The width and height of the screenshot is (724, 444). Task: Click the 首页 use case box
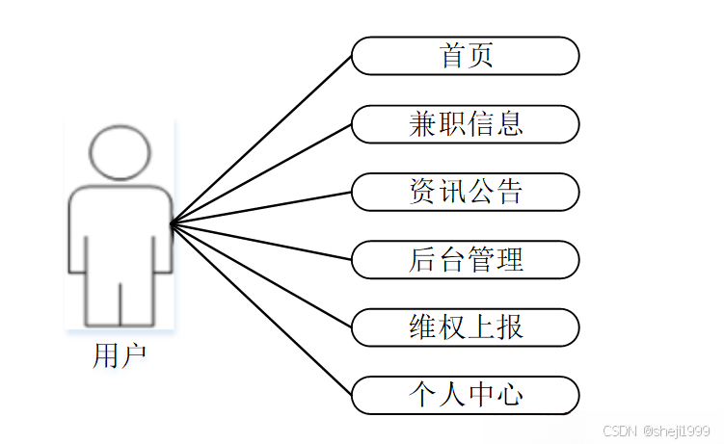click(x=466, y=56)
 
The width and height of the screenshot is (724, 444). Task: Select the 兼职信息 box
click(x=466, y=124)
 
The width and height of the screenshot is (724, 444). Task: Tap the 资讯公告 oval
click(x=466, y=192)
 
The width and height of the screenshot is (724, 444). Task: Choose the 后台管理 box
click(x=466, y=260)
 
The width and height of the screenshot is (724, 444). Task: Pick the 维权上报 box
click(x=466, y=327)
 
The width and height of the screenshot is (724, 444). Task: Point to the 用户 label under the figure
click(x=120, y=356)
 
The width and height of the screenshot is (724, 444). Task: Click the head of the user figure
click(x=121, y=152)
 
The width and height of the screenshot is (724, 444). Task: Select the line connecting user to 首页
click(x=260, y=141)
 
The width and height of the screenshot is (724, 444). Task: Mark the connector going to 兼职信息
click(x=260, y=174)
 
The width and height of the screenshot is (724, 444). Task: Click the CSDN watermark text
click(x=657, y=432)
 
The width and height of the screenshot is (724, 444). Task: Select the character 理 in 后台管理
click(x=509, y=260)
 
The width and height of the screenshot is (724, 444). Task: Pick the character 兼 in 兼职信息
click(x=422, y=124)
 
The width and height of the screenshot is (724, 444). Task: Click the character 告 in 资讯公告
click(x=509, y=192)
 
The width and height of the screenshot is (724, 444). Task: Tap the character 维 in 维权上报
click(x=422, y=327)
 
